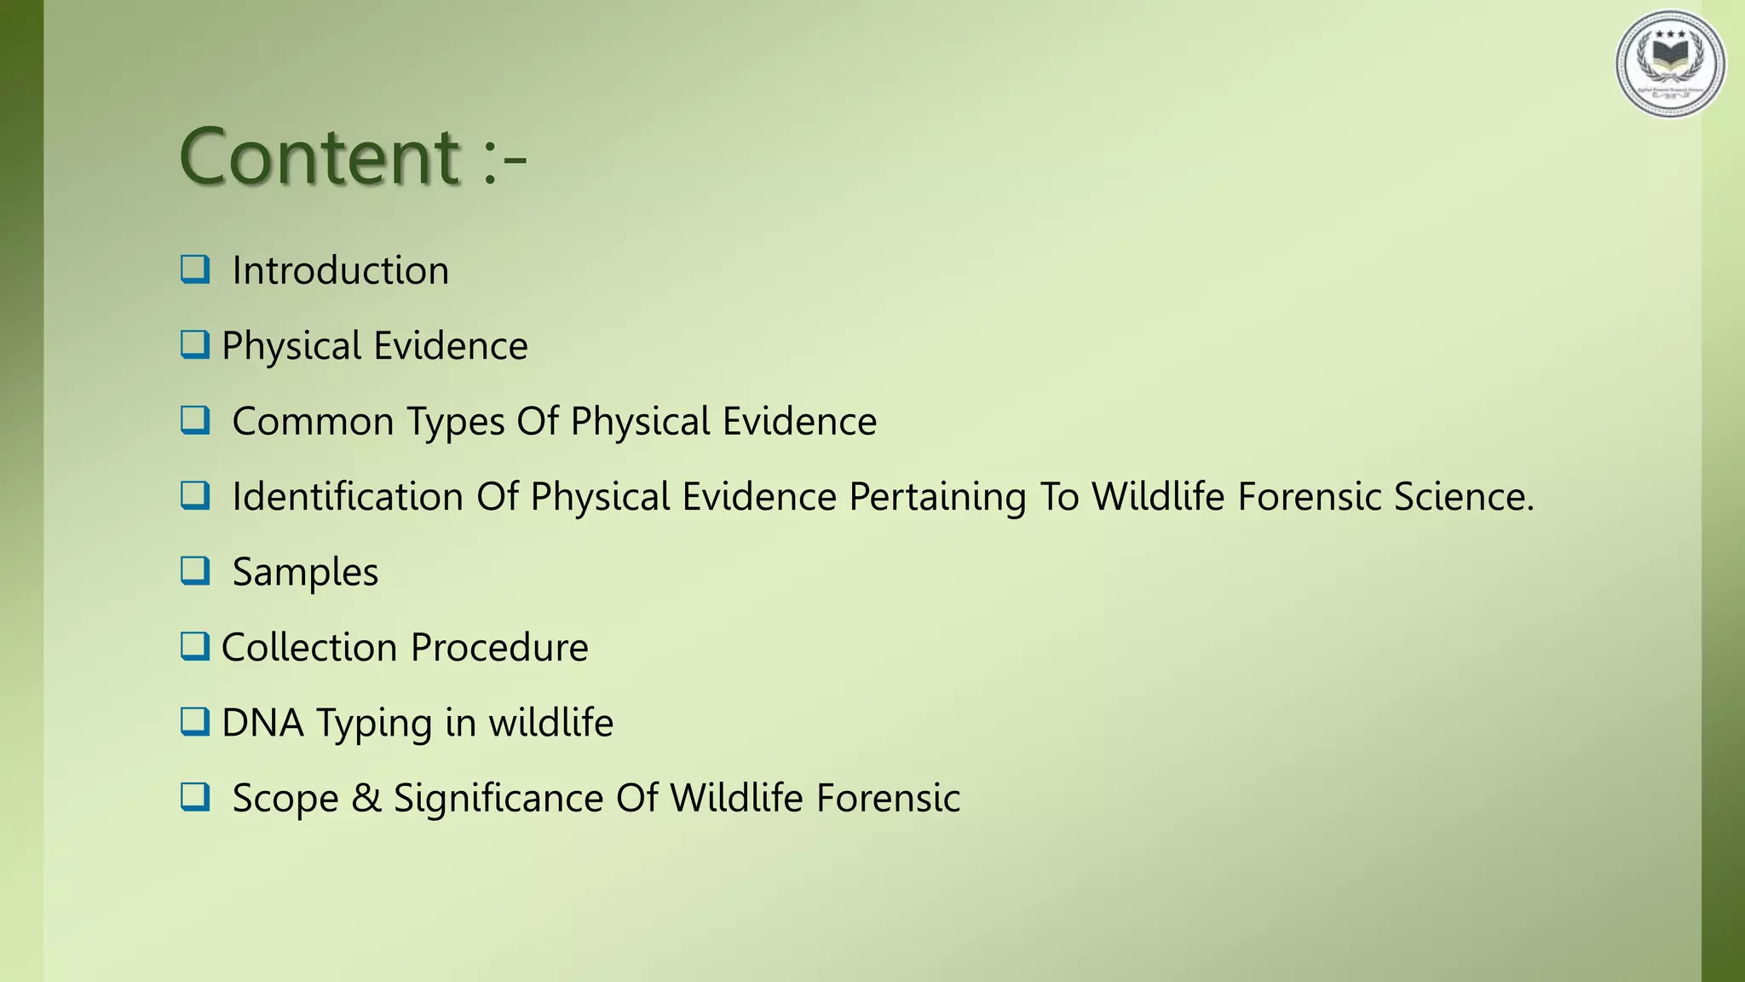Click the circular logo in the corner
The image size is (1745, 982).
1670,64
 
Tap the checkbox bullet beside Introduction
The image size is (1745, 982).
195,269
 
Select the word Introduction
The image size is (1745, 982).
340,271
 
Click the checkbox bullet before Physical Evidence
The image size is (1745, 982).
195,344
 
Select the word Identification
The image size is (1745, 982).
347,496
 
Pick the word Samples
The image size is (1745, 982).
305,573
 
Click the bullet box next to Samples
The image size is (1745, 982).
195,570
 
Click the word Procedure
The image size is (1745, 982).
499,647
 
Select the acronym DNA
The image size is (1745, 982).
262,723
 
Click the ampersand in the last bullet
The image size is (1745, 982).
366,799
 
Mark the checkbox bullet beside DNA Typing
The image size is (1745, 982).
195,721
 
